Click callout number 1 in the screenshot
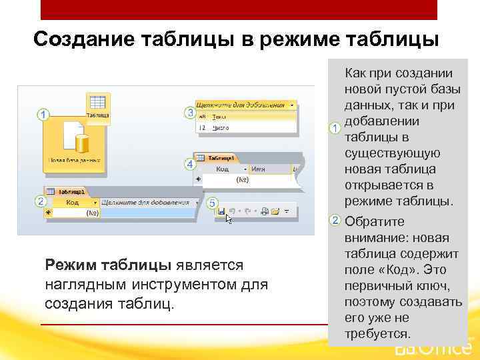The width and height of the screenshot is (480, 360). [43, 115]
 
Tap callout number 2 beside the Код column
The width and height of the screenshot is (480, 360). [41, 201]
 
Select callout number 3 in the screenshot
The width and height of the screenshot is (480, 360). [190, 113]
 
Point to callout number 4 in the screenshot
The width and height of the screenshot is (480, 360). [190, 163]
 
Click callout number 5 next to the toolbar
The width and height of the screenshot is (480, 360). [212, 202]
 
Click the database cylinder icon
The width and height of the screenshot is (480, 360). [82, 143]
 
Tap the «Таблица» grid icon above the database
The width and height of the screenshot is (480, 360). [97, 103]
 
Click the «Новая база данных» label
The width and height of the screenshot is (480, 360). [74, 161]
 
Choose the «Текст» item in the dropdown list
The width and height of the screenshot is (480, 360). [219, 116]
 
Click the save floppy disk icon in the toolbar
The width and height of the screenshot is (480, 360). [221, 211]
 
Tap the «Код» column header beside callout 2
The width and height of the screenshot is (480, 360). [72, 202]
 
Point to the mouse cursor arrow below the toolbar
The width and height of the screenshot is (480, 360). [229, 218]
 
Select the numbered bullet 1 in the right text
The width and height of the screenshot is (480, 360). [335, 127]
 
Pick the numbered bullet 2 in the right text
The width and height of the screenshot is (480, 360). [335, 221]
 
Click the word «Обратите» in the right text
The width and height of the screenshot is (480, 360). [375, 221]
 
